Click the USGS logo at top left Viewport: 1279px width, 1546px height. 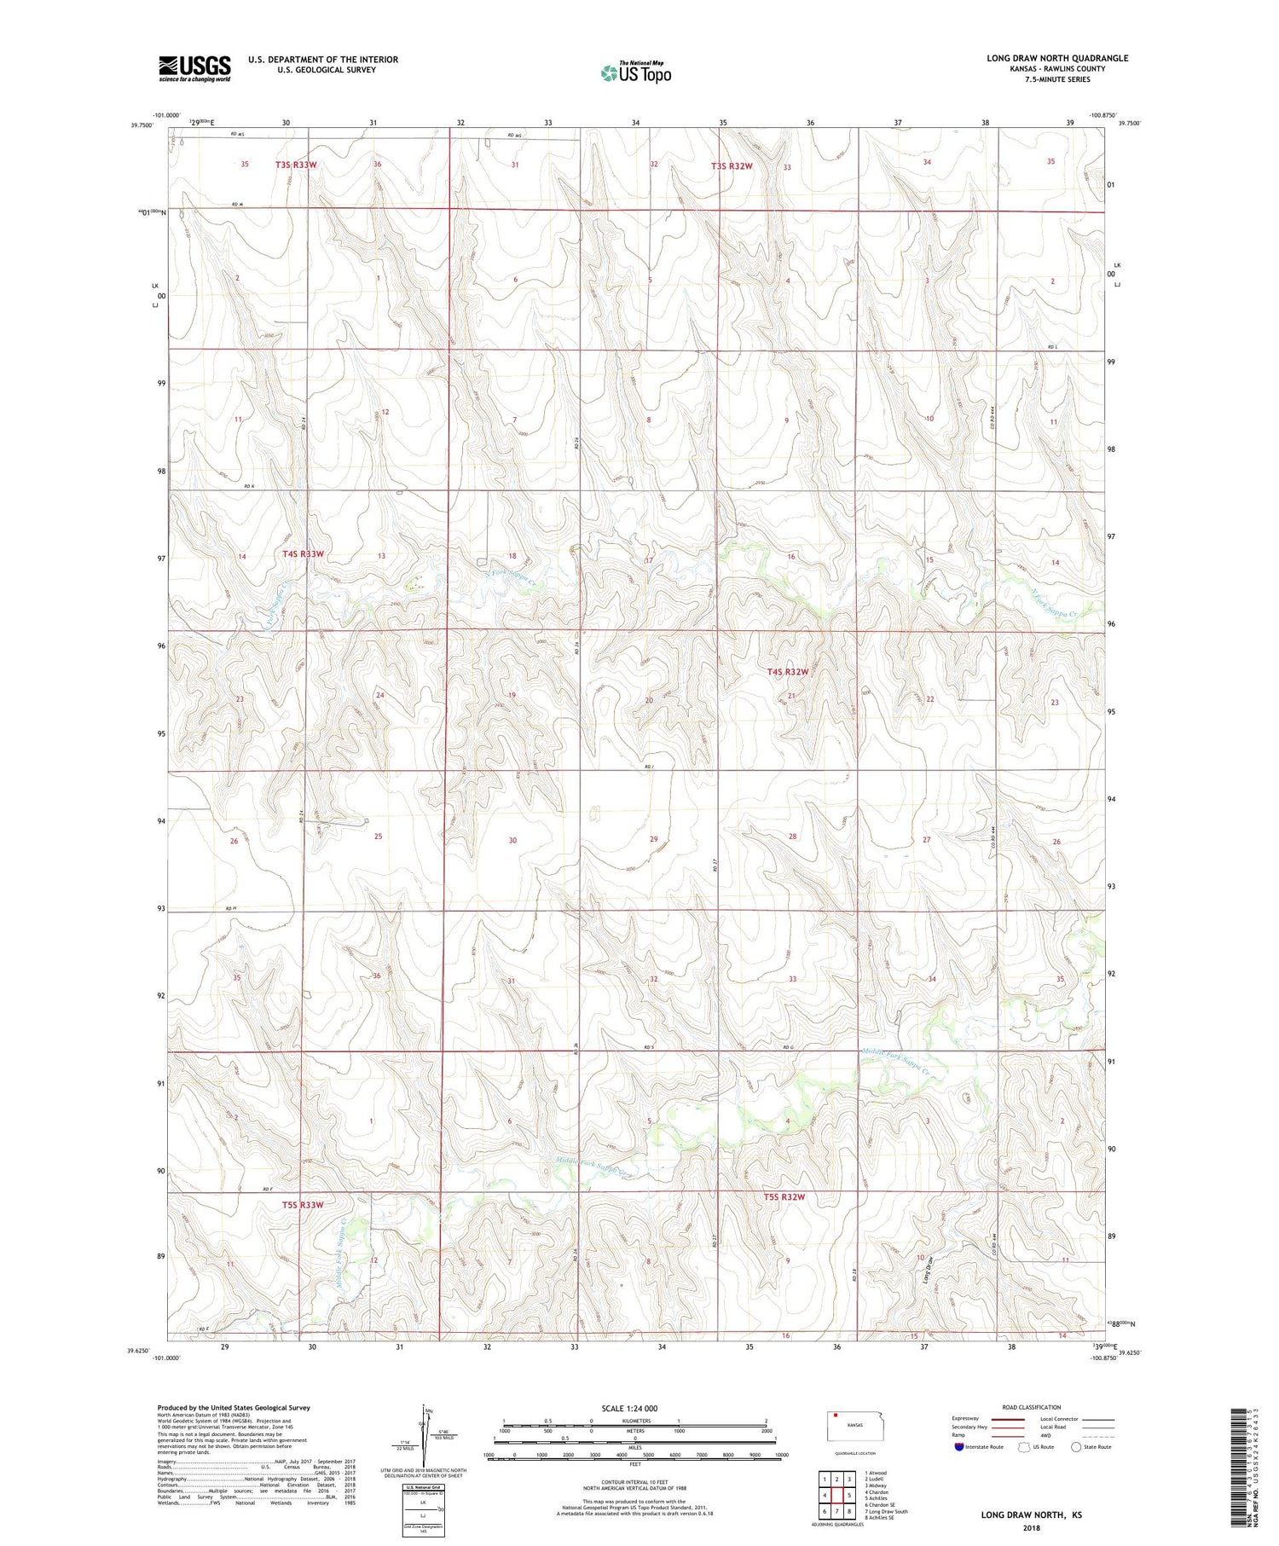coord(194,68)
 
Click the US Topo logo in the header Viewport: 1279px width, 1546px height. coord(635,73)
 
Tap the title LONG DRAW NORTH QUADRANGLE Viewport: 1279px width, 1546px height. coord(1057,58)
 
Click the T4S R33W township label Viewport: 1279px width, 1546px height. coord(303,554)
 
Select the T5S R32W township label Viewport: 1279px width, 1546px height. coord(784,1197)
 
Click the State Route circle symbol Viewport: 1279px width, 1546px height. coord(1076,1447)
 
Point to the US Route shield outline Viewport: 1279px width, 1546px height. coord(1024,1447)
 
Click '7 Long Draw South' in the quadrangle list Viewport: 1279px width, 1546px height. coord(886,1512)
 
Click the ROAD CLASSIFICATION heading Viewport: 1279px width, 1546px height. coord(1032,1408)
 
